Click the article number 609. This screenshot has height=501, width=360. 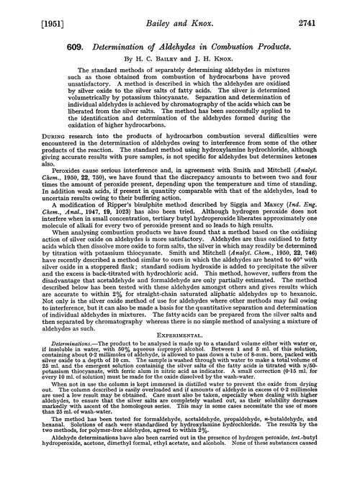click(58, 37)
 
